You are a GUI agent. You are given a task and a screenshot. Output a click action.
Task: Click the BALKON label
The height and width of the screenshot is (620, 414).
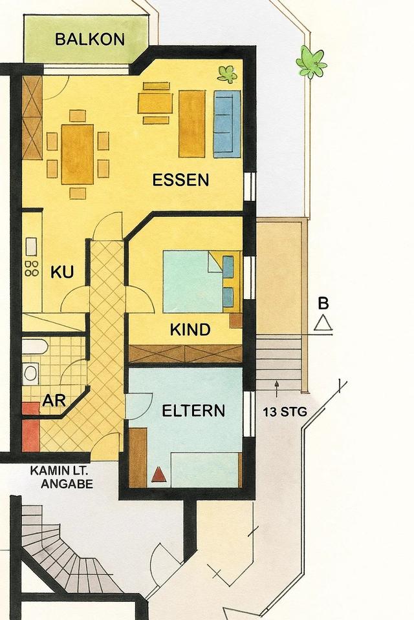pyautogui.click(x=90, y=39)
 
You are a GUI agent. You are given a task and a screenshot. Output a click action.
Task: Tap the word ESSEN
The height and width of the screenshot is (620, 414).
pyautogui.click(x=180, y=180)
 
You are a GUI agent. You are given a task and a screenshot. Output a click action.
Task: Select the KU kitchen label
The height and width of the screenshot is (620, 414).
pyautogui.click(x=62, y=272)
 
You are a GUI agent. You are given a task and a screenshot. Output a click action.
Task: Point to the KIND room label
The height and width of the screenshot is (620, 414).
pyautogui.click(x=190, y=329)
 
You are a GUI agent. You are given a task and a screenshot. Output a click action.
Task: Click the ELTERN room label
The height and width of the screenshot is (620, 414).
pyautogui.click(x=193, y=411)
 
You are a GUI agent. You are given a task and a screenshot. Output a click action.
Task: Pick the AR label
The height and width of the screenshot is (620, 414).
pyautogui.click(x=54, y=400)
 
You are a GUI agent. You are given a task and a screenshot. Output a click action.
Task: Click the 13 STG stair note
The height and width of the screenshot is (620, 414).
pyautogui.click(x=285, y=412)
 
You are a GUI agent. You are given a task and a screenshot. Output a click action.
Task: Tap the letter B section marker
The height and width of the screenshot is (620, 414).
pyautogui.click(x=323, y=304)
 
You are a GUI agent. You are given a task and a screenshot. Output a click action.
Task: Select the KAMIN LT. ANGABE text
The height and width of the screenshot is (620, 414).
pyautogui.click(x=62, y=477)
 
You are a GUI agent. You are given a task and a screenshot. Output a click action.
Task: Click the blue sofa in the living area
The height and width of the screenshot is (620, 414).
pyautogui.click(x=227, y=124)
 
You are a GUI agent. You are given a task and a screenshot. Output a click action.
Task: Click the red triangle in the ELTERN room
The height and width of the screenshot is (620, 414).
pyautogui.click(x=159, y=474)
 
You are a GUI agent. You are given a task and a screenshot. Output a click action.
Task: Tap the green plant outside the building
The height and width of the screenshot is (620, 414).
pyautogui.click(x=311, y=63)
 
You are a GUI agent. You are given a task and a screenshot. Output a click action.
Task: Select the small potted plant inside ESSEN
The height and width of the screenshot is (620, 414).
pyautogui.click(x=228, y=74)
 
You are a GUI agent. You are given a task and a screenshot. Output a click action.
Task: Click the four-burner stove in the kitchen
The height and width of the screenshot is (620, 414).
pyautogui.click(x=31, y=268)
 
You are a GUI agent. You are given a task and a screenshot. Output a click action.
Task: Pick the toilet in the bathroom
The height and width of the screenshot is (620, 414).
pyautogui.click(x=30, y=374)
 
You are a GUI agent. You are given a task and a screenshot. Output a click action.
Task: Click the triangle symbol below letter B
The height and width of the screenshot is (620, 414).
pyautogui.click(x=323, y=323)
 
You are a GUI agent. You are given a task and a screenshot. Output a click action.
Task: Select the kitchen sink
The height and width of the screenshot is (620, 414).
pyautogui.click(x=31, y=246)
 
